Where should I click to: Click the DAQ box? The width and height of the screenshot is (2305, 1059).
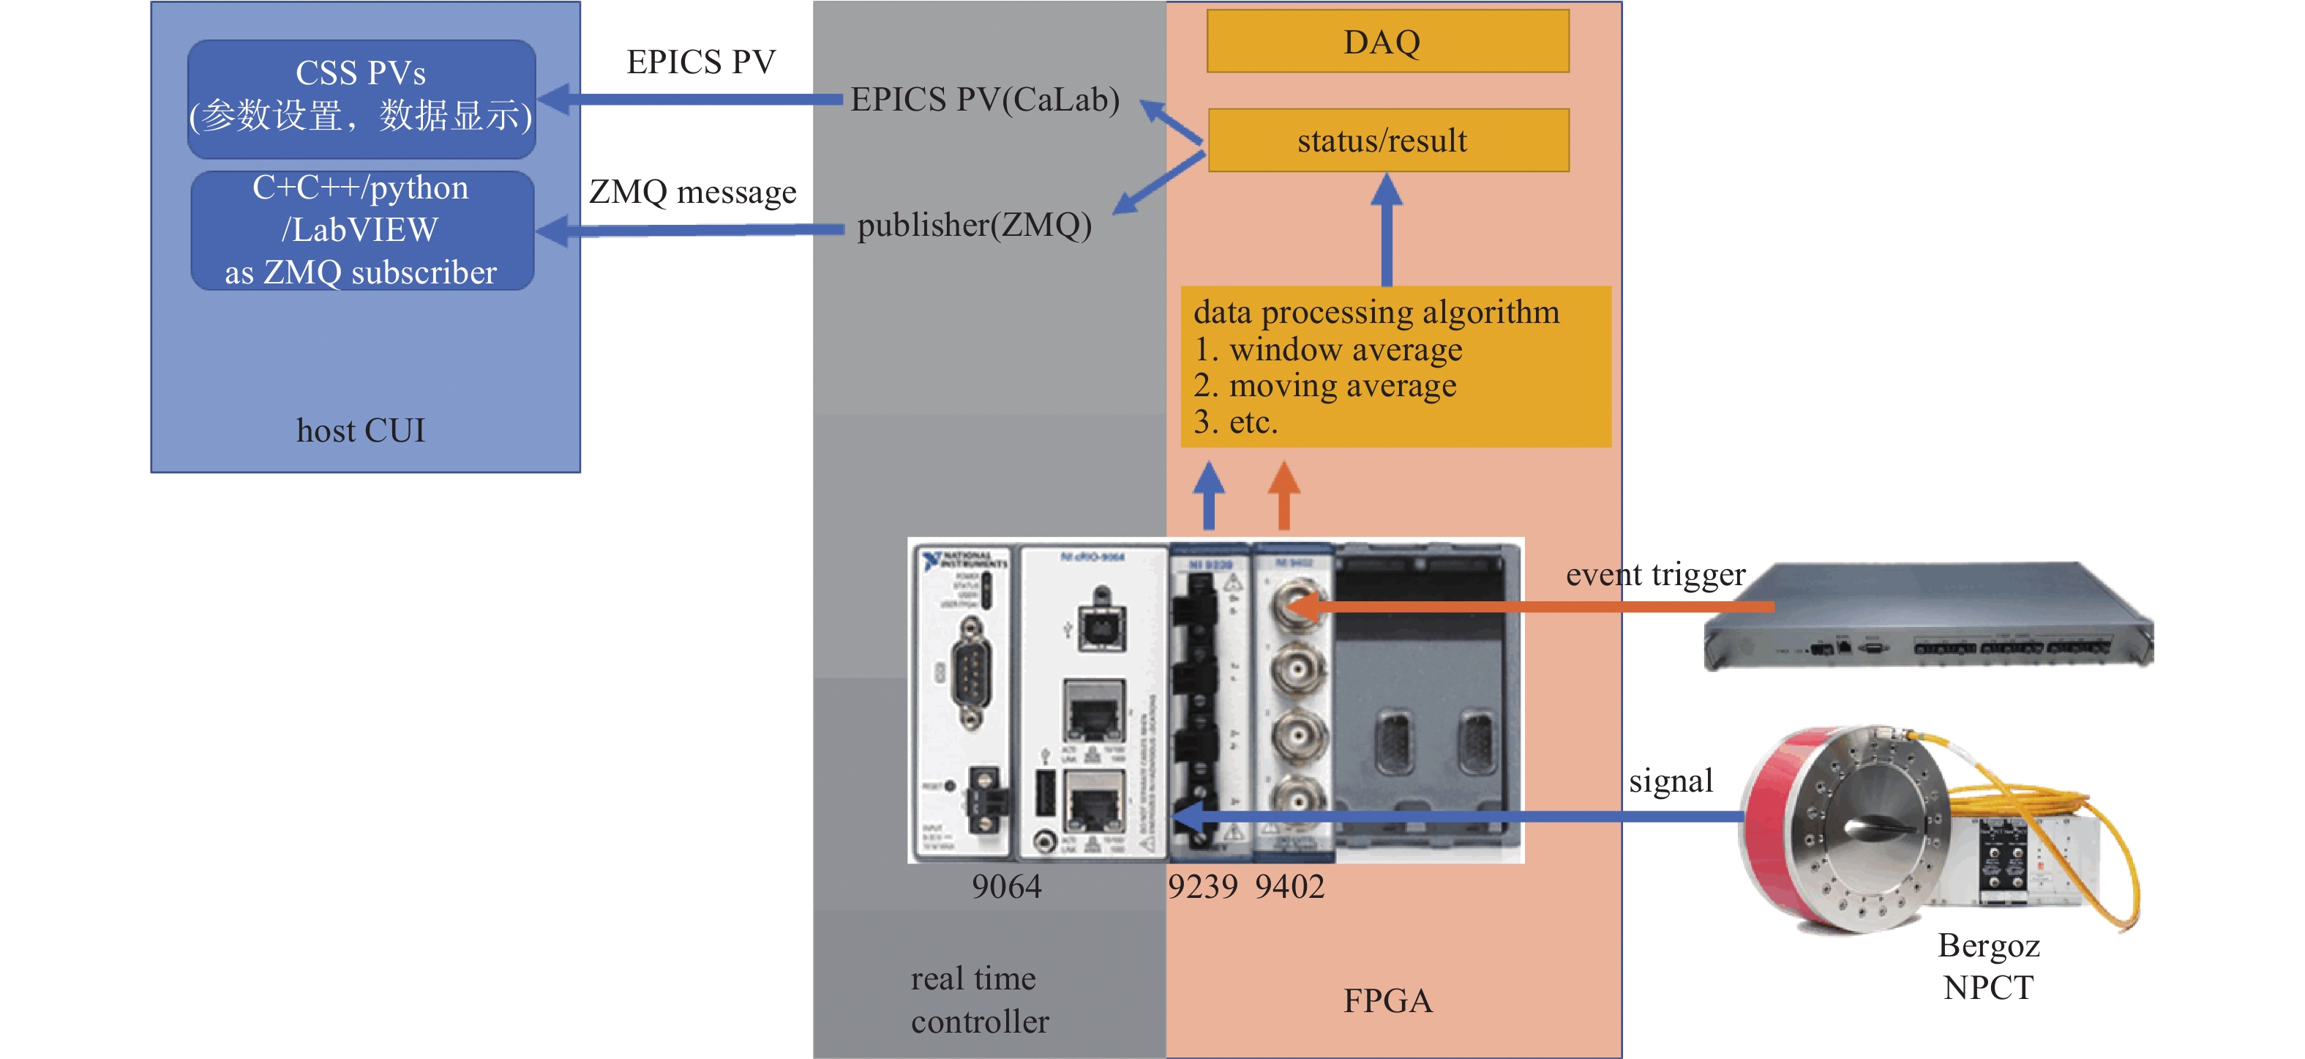(1387, 41)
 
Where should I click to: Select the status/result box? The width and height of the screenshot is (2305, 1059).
(1387, 141)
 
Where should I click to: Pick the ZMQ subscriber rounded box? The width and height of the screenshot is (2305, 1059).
(361, 230)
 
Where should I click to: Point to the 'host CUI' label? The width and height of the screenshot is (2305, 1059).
(361, 431)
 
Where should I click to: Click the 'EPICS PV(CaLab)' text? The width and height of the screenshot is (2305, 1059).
(984, 100)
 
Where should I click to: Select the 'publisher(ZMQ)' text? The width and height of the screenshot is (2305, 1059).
(975, 225)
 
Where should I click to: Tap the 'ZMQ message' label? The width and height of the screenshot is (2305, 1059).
(692, 192)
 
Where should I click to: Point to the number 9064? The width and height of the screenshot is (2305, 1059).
(1007, 886)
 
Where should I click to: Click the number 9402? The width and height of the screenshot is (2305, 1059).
(1289, 886)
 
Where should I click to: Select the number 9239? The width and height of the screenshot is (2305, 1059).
(1202, 886)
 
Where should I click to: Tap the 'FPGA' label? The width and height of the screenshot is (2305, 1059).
(1388, 1000)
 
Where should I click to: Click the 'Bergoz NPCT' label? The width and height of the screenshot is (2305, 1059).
(1988, 966)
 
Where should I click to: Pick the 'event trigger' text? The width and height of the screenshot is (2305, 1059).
(1655, 574)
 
